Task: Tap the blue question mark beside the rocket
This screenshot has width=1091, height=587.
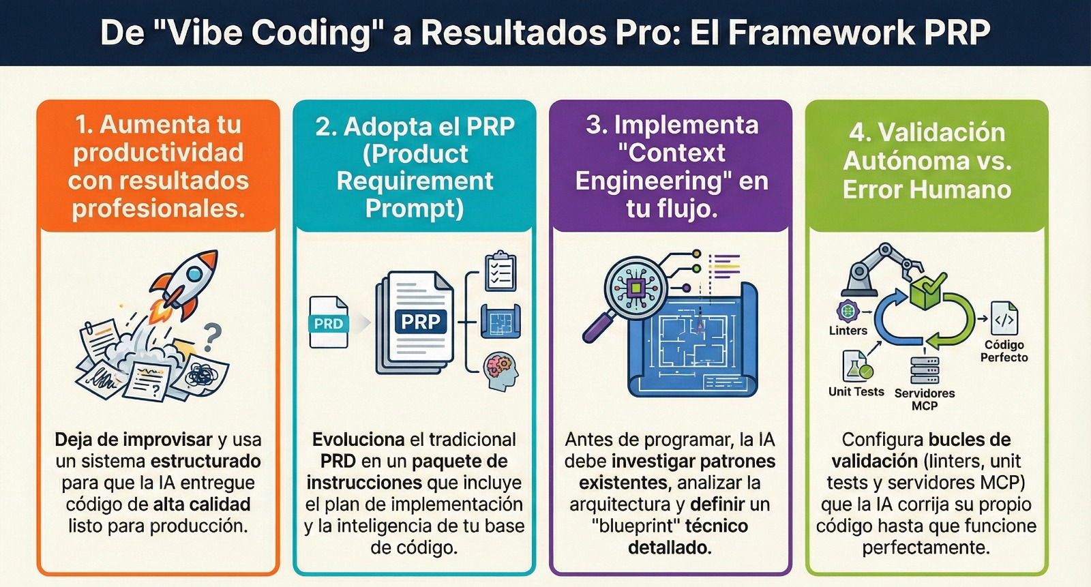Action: click(212, 337)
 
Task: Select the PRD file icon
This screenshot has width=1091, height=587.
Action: click(328, 322)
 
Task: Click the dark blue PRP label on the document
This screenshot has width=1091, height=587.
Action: click(420, 321)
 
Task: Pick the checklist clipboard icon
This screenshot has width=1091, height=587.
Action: click(500, 271)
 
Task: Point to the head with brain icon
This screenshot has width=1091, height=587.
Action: click(501, 372)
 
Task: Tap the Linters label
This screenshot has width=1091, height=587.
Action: click(848, 331)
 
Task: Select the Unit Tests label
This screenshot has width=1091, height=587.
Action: click(856, 391)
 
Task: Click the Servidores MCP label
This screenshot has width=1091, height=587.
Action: click(925, 400)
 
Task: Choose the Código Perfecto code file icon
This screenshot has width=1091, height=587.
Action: click(1004, 319)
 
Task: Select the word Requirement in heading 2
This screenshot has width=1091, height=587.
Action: click(415, 181)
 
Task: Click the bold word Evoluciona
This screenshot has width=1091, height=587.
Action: click(358, 440)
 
